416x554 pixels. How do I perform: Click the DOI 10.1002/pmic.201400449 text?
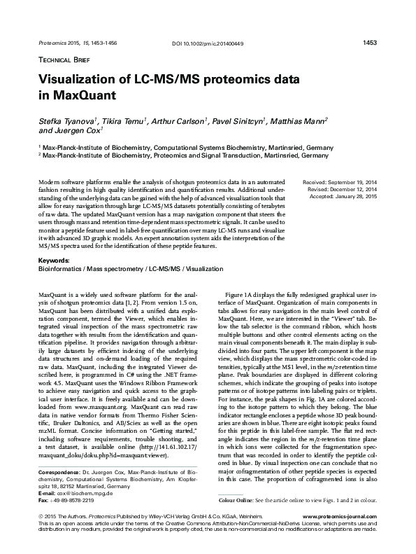[208, 45]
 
